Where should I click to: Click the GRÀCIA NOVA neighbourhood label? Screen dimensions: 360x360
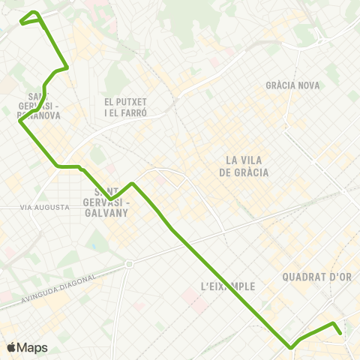pos(292,85)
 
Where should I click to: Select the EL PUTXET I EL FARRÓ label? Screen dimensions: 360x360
pos(125,106)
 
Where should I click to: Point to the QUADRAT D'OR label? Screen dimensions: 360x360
pos(317,277)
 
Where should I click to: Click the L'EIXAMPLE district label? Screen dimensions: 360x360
pos(229,286)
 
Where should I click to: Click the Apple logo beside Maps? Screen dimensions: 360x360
pos(11,347)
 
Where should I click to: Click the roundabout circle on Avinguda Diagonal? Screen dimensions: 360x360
pos(129,264)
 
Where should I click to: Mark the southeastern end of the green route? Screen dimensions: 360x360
pos(340,333)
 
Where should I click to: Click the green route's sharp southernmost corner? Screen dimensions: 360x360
pos(290,347)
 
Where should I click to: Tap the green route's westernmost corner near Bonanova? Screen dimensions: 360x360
pos(19,121)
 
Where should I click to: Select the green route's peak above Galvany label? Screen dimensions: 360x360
pos(132,183)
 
